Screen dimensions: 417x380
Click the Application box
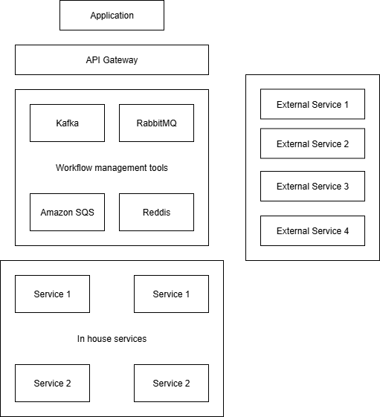112,16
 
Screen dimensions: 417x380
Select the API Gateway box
112,60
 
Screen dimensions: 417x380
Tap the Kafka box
67,123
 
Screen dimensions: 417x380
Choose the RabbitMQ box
156,123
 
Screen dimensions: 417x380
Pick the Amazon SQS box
67,213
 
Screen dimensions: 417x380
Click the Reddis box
156,213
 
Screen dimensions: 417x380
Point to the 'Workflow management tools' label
112,168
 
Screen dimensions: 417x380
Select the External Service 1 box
312,105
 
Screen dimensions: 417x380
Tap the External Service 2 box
312,143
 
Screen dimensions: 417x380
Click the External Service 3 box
312,187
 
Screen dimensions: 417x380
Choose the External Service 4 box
312,231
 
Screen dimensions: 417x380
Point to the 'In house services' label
112,339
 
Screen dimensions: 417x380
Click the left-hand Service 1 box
52,294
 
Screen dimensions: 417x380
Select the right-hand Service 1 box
171,294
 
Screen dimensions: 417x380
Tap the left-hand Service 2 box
52,384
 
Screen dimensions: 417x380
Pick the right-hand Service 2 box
171,384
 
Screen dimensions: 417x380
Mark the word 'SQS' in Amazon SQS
84,213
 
